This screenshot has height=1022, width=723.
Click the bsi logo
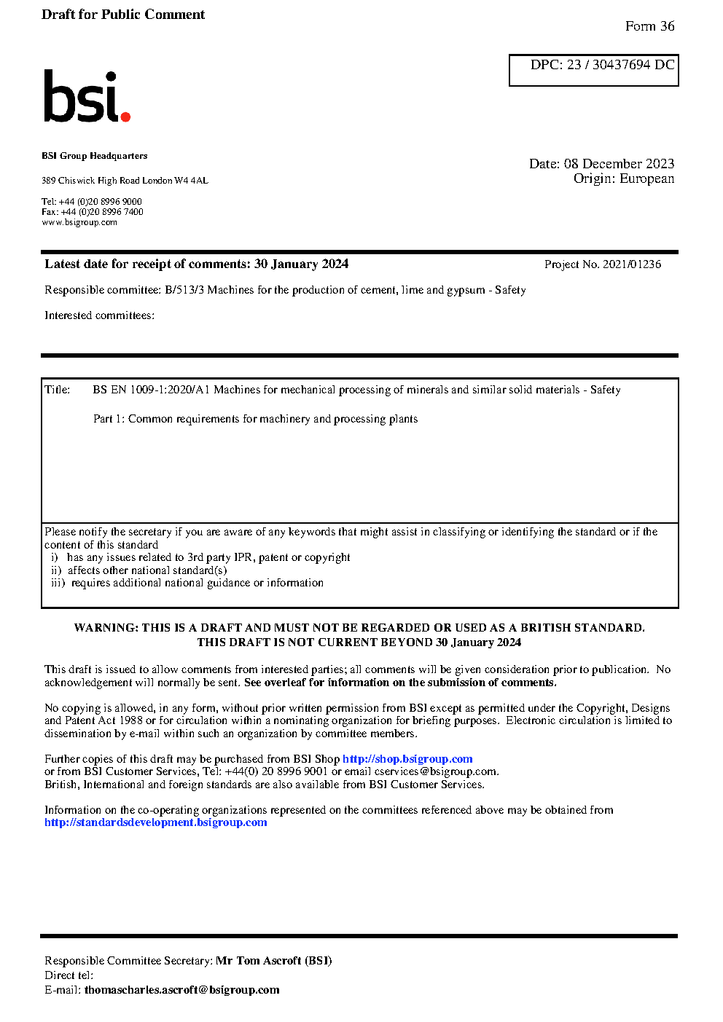click(86, 97)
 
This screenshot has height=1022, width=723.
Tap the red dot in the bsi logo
click(125, 116)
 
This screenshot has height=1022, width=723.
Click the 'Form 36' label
click(649, 26)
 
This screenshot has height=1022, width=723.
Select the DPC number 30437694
click(621, 65)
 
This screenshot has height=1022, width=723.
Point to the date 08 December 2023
click(619, 164)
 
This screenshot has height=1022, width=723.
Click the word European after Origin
click(646, 178)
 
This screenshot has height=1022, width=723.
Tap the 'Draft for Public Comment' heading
click(123, 15)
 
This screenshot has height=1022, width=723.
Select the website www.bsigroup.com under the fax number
click(79, 222)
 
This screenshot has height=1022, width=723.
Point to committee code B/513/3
click(184, 290)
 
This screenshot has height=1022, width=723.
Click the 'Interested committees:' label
click(99, 315)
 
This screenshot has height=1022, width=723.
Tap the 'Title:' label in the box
click(58, 390)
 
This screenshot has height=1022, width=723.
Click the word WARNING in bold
click(106, 628)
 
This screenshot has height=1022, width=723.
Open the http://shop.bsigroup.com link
click(407, 759)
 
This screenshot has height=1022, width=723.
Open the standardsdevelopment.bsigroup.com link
click(155, 822)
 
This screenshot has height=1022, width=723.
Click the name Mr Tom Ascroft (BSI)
click(273, 961)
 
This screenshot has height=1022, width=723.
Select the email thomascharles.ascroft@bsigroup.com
click(181, 990)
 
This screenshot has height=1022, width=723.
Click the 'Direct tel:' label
click(69, 975)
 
